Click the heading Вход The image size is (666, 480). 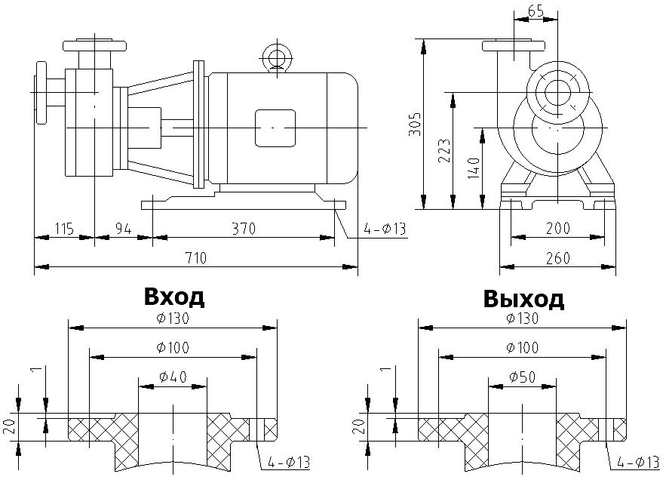click(x=173, y=297)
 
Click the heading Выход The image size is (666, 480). click(x=523, y=300)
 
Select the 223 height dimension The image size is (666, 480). click(x=444, y=151)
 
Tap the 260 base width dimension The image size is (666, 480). click(x=558, y=258)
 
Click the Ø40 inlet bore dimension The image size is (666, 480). click(x=173, y=376)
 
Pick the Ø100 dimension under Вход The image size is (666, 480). click(x=173, y=347)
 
